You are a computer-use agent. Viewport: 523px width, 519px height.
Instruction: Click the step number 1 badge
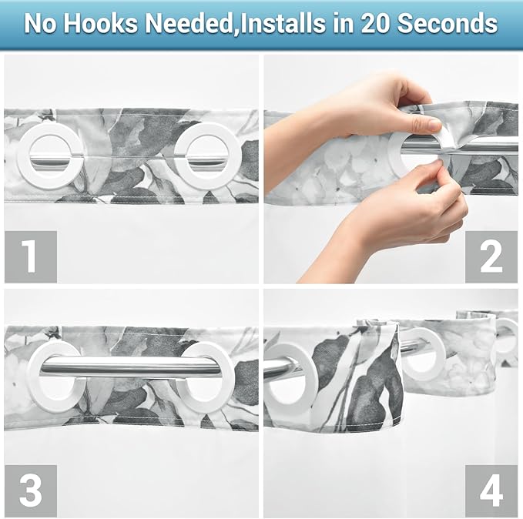click(31, 256)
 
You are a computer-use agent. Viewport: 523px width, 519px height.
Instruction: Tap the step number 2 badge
click(491, 256)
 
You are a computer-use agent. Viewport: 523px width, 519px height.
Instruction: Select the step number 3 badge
click(31, 491)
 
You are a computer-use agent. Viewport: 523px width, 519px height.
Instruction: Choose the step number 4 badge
click(491, 491)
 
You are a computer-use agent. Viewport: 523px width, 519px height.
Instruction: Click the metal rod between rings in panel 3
click(131, 367)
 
